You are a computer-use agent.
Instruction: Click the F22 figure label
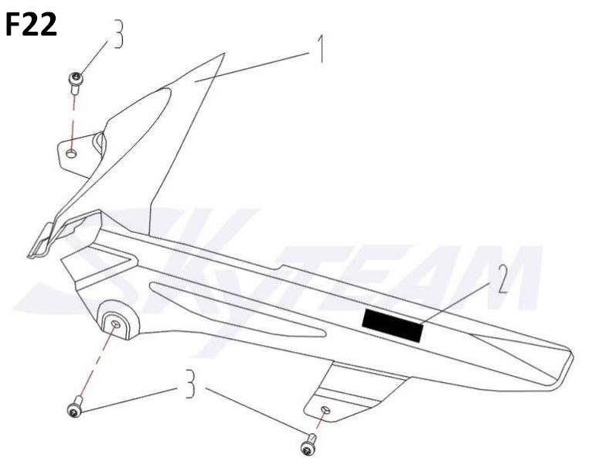(31, 26)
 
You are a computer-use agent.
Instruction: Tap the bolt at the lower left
(75, 408)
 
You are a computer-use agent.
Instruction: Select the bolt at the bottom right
(309, 445)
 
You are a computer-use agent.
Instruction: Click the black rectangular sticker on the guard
(393, 324)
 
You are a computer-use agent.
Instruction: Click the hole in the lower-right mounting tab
(325, 410)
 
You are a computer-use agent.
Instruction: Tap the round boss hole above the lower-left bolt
(116, 323)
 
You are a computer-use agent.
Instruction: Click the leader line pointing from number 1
(255, 66)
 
